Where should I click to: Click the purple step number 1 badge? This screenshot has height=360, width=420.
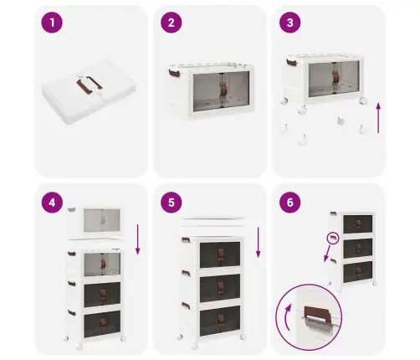click(52, 23)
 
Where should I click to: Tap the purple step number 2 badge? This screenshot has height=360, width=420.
click(172, 23)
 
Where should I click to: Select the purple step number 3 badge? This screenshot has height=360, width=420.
click(290, 23)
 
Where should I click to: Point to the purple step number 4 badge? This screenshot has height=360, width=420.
click(52, 203)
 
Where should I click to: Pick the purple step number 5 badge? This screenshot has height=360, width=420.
click(172, 203)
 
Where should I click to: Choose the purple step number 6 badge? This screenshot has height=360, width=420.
click(290, 203)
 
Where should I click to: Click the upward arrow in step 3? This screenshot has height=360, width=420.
click(378, 118)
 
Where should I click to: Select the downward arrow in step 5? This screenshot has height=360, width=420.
click(259, 242)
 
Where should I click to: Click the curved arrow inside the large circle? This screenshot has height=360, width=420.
click(286, 316)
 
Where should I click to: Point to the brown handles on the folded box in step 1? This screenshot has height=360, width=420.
click(89, 84)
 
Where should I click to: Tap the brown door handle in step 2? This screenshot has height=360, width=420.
click(223, 91)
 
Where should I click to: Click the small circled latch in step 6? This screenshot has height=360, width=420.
click(333, 238)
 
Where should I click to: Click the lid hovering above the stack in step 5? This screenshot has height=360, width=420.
click(213, 221)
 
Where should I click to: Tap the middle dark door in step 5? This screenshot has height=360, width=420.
click(220, 288)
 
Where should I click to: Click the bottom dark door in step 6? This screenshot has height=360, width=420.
click(358, 272)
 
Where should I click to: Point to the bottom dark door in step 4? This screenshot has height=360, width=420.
click(102, 324)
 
